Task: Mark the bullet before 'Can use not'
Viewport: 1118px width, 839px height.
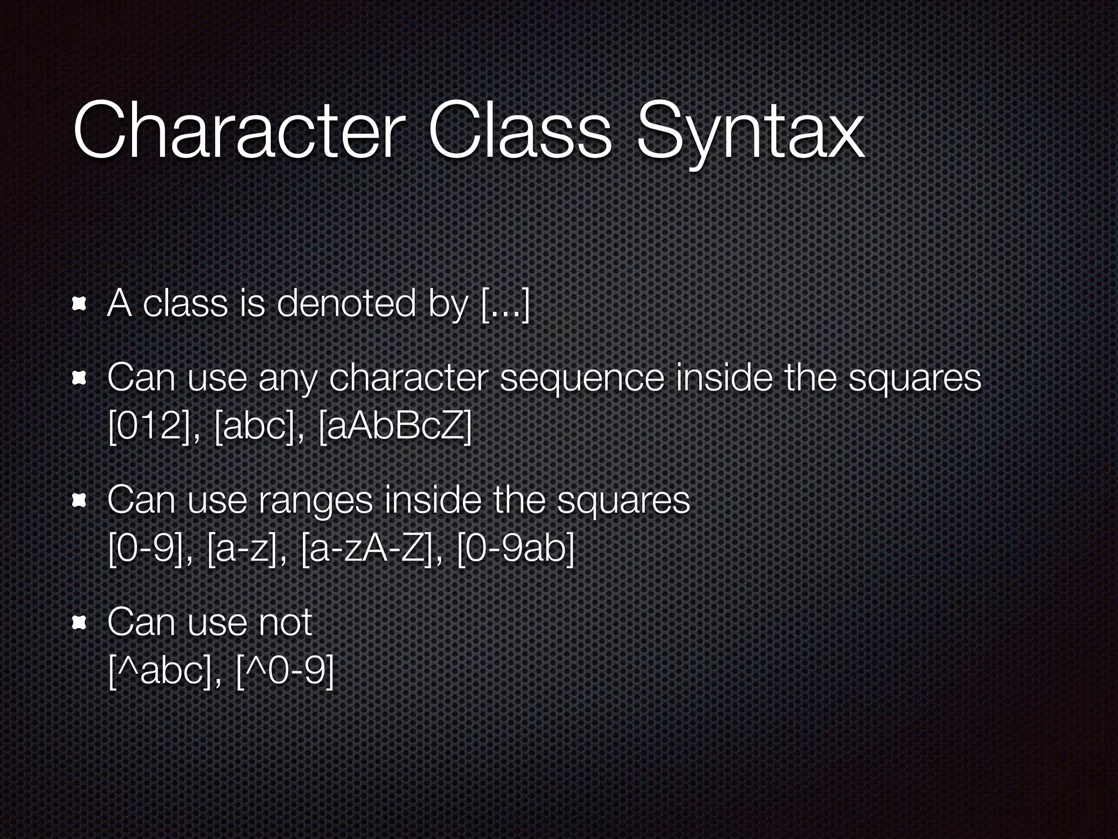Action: (x=80, y=623)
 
